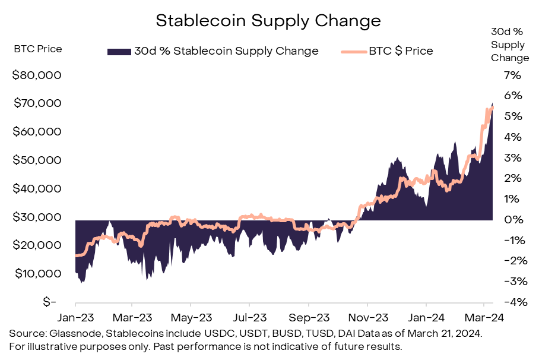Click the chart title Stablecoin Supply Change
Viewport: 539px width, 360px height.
(x=268, y=21)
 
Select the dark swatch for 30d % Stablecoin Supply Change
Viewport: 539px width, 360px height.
(x=119, y=51)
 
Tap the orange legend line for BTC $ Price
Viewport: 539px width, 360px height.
(x=353, y=51)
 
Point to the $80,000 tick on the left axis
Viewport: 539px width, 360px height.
(x=37, y=75)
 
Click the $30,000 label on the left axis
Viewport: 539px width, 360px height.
(x=37, y=217)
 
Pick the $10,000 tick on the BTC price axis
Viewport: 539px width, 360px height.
(x=37, y=273)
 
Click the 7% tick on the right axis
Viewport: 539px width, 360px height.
(x=512, y=75)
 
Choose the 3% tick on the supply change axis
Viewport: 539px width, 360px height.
(x=512, y=157)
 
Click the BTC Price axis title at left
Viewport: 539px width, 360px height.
(x=37, y=49)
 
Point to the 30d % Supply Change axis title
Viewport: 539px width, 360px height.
(x=510, y=45)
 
